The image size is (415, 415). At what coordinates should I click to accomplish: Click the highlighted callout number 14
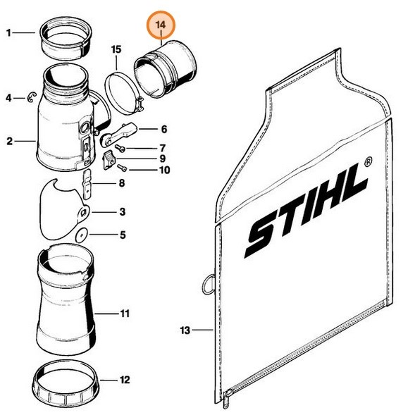click(x=161, y=25)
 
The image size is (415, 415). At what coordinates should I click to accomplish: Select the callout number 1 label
click(x=8, y=32)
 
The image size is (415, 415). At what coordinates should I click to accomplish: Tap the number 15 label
click(x=116, y=49)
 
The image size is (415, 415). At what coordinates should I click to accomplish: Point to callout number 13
click(x=185, y=330)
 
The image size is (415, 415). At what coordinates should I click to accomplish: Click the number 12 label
click(x=125, y=380)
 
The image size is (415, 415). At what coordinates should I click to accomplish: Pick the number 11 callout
click(x=125, y=312)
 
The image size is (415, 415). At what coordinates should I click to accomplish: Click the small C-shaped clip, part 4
click(x=31, y=99)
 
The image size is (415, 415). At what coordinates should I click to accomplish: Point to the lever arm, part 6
click(x=120, y=132)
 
